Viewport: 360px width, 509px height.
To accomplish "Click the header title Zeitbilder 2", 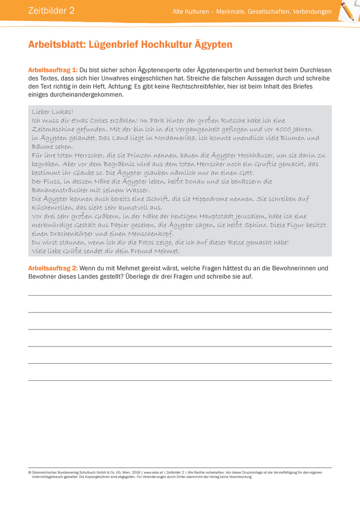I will point(51,11).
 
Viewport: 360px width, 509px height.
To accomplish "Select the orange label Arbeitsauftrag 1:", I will point(53,70).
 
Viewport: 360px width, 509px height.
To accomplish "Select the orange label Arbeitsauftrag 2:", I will point(53,268).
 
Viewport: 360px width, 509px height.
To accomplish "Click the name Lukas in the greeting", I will point(61,112).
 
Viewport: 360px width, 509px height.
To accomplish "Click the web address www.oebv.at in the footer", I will point(153,472).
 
